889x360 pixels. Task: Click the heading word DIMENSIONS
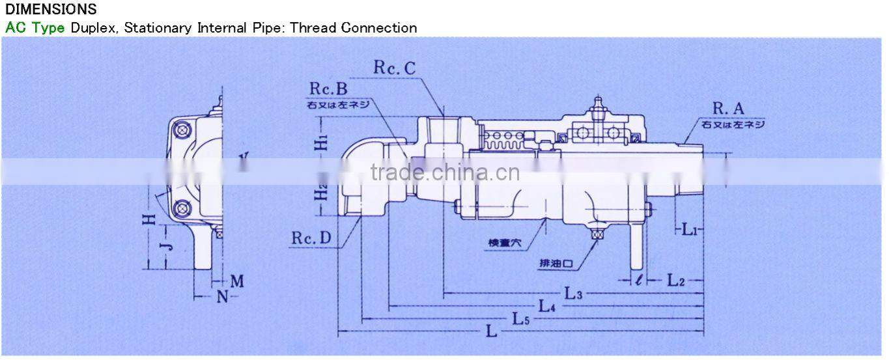click(x=51, y=10)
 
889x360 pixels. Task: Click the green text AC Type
click(x=35, y=28)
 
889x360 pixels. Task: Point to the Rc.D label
click(x=311, y=238)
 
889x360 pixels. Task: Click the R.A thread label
click(x=728, y=109)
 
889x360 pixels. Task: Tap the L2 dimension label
click(x=676, y=281)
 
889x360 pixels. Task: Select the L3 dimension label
click(x=573, y=294)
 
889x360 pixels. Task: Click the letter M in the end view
click(x=236, y=281)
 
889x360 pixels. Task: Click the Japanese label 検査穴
click(x=505, y=242)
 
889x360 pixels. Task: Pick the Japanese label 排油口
click(x=556, y=264)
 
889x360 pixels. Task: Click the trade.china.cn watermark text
click(x=445, y=173)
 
